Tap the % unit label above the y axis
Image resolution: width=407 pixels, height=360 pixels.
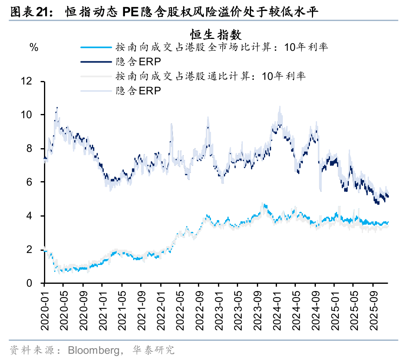point(34,48)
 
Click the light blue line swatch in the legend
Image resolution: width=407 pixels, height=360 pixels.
point(96,48)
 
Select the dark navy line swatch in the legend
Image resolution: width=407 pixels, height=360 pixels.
point(96,62)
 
